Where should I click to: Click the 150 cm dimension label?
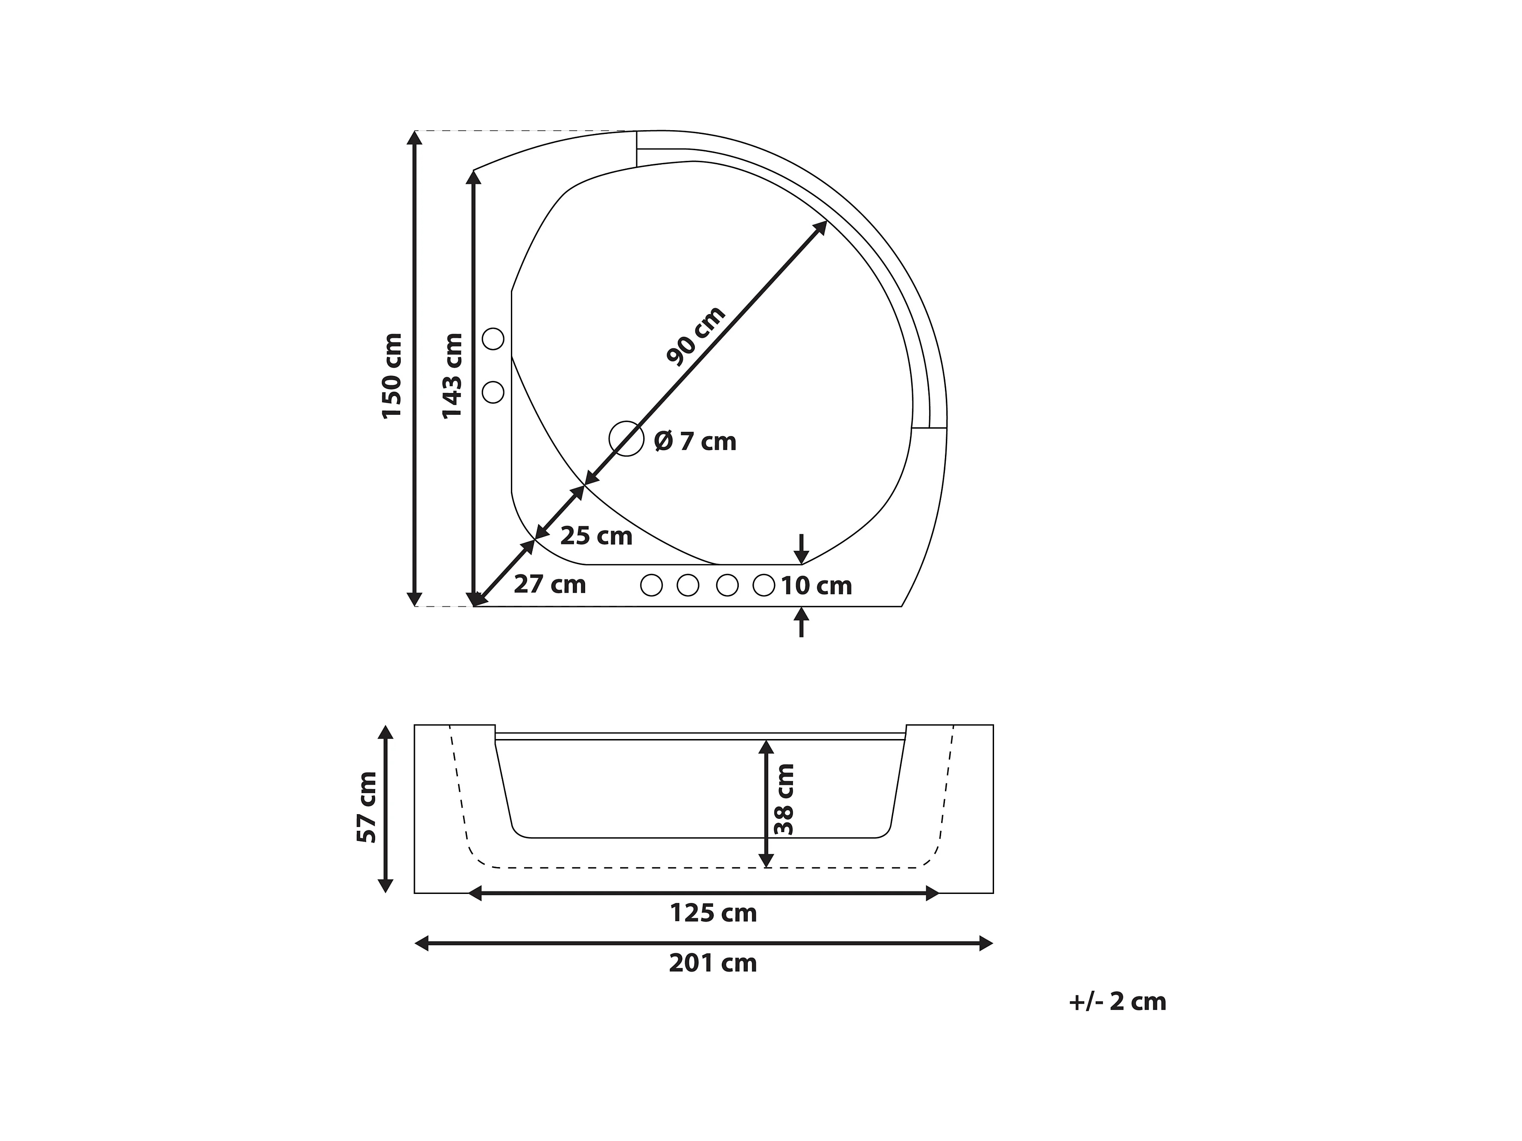(x=392, y=376)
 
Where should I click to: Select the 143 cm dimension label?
(x=452, y=376)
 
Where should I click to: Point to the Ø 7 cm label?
(x=695, y=442)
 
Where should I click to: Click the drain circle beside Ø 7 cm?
(x=626, y=439)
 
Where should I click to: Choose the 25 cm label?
(x=596, y=536)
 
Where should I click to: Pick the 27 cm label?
(x=550, y=585)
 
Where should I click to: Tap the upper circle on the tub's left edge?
(x=493, y=339)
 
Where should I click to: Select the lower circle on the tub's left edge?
(x=493, y=392)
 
